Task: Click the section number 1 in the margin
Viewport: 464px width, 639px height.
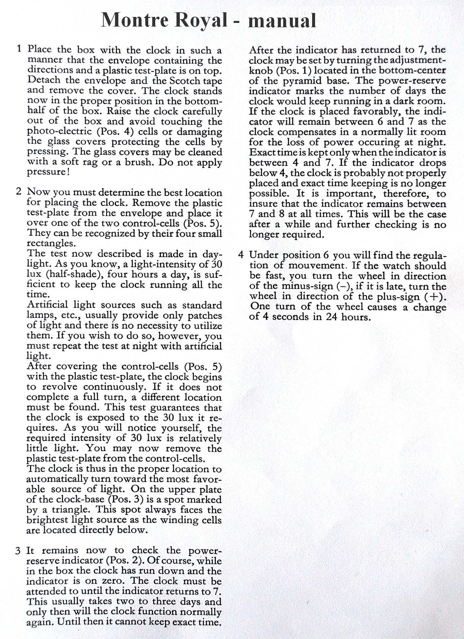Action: (x=19, y=49)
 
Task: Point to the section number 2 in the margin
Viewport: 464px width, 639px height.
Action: (x=19, y=192)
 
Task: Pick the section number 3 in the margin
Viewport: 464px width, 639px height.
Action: (x=18, y=551)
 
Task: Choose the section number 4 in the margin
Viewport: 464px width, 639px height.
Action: (x=241, y=255)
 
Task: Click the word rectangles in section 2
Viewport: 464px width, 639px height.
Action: (x=51, y=243)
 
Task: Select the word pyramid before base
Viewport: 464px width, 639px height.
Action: (x=302, y=81)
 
